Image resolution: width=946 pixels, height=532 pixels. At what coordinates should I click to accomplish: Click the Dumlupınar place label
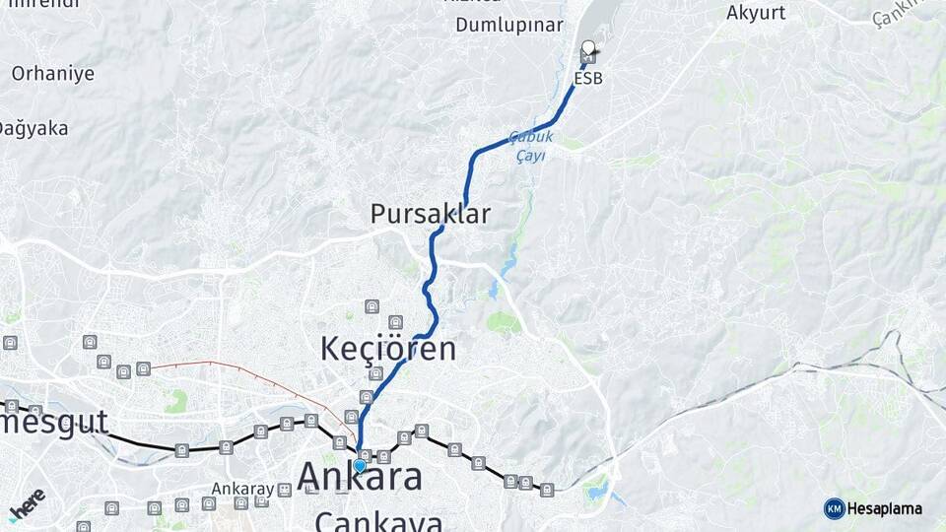(x=508, y=26)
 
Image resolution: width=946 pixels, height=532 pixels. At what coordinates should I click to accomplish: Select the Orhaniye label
(x=53, y=73)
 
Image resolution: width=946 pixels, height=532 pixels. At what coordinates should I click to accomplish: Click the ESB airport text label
(x=587, y=78)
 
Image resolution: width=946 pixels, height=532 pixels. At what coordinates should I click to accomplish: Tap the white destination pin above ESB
(x=588, y=47)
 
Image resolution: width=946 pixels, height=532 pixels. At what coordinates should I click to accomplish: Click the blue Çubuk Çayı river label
(x=532, y=147)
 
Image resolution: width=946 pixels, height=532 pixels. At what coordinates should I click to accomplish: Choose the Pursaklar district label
(x=430, y=213)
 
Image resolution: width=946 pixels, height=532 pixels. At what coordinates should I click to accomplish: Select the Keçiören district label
(x=388, y=348)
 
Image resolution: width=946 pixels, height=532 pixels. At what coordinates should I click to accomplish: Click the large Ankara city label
(x=360, y=477)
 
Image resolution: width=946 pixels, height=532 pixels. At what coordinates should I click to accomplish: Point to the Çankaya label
(x=378, y=520)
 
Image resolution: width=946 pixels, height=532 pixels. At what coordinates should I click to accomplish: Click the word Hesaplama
(x=884, y=508)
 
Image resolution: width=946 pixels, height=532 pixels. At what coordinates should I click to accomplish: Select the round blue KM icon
(x=834, y=508)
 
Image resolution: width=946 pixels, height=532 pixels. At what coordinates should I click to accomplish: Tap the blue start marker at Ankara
(x=360, y=466)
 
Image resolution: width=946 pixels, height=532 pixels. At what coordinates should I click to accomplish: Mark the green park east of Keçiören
(x=504, y=322)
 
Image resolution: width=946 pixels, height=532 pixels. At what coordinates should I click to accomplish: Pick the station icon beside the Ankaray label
(x=261, y=500)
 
